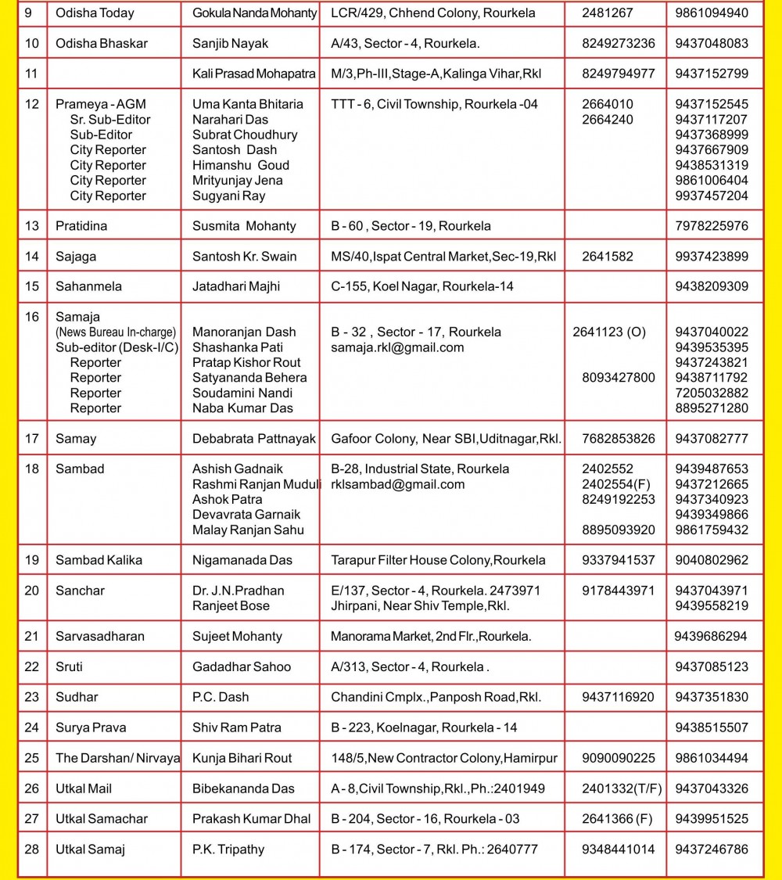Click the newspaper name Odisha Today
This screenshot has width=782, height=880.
[x=95, y=13]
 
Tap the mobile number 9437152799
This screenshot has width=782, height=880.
[x=711, y=74]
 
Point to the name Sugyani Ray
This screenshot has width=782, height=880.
[x=228, y=196]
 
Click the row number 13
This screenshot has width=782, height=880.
[x=32, y=226]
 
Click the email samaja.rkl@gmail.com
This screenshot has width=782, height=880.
[x=397, y=347]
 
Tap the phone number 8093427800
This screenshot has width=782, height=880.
[x=619, y=378]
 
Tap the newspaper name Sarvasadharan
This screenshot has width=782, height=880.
[x=100, y=637]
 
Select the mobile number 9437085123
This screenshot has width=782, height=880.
[x=711, y=667]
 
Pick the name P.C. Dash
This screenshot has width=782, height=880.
[x=221, y=697]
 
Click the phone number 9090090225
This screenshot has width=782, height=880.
[x=619, y=758]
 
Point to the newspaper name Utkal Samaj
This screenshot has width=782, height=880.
[x=90, y=849]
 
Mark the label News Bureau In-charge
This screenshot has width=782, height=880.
[x=116, y=332]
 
